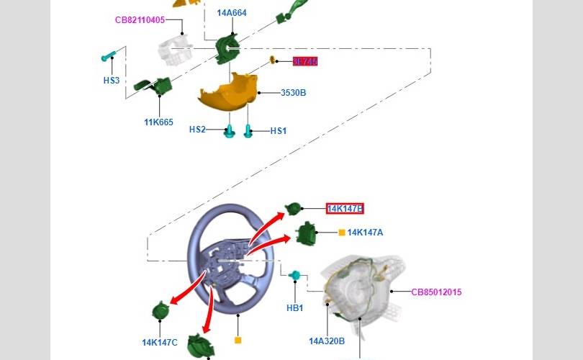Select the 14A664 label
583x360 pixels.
click(232, 13)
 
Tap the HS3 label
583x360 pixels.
click(112, 81)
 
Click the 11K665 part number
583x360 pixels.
click(158, 122)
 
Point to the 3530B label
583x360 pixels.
click(293, 93)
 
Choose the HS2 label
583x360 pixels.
click(197, 130)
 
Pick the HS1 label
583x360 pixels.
click(279, 131)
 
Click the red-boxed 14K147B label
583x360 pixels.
click(345, 209)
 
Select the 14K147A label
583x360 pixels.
click(365, 233)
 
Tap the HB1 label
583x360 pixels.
click(295, 308)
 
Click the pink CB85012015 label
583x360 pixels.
click(436, 292)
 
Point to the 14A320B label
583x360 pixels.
click(327, 341)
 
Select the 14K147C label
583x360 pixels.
click(159, 343)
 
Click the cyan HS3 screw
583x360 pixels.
click(108, 56)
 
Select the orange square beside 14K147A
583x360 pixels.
click(342, 233)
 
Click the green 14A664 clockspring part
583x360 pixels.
click(228, 46)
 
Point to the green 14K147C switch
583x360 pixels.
click(160, 311)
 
